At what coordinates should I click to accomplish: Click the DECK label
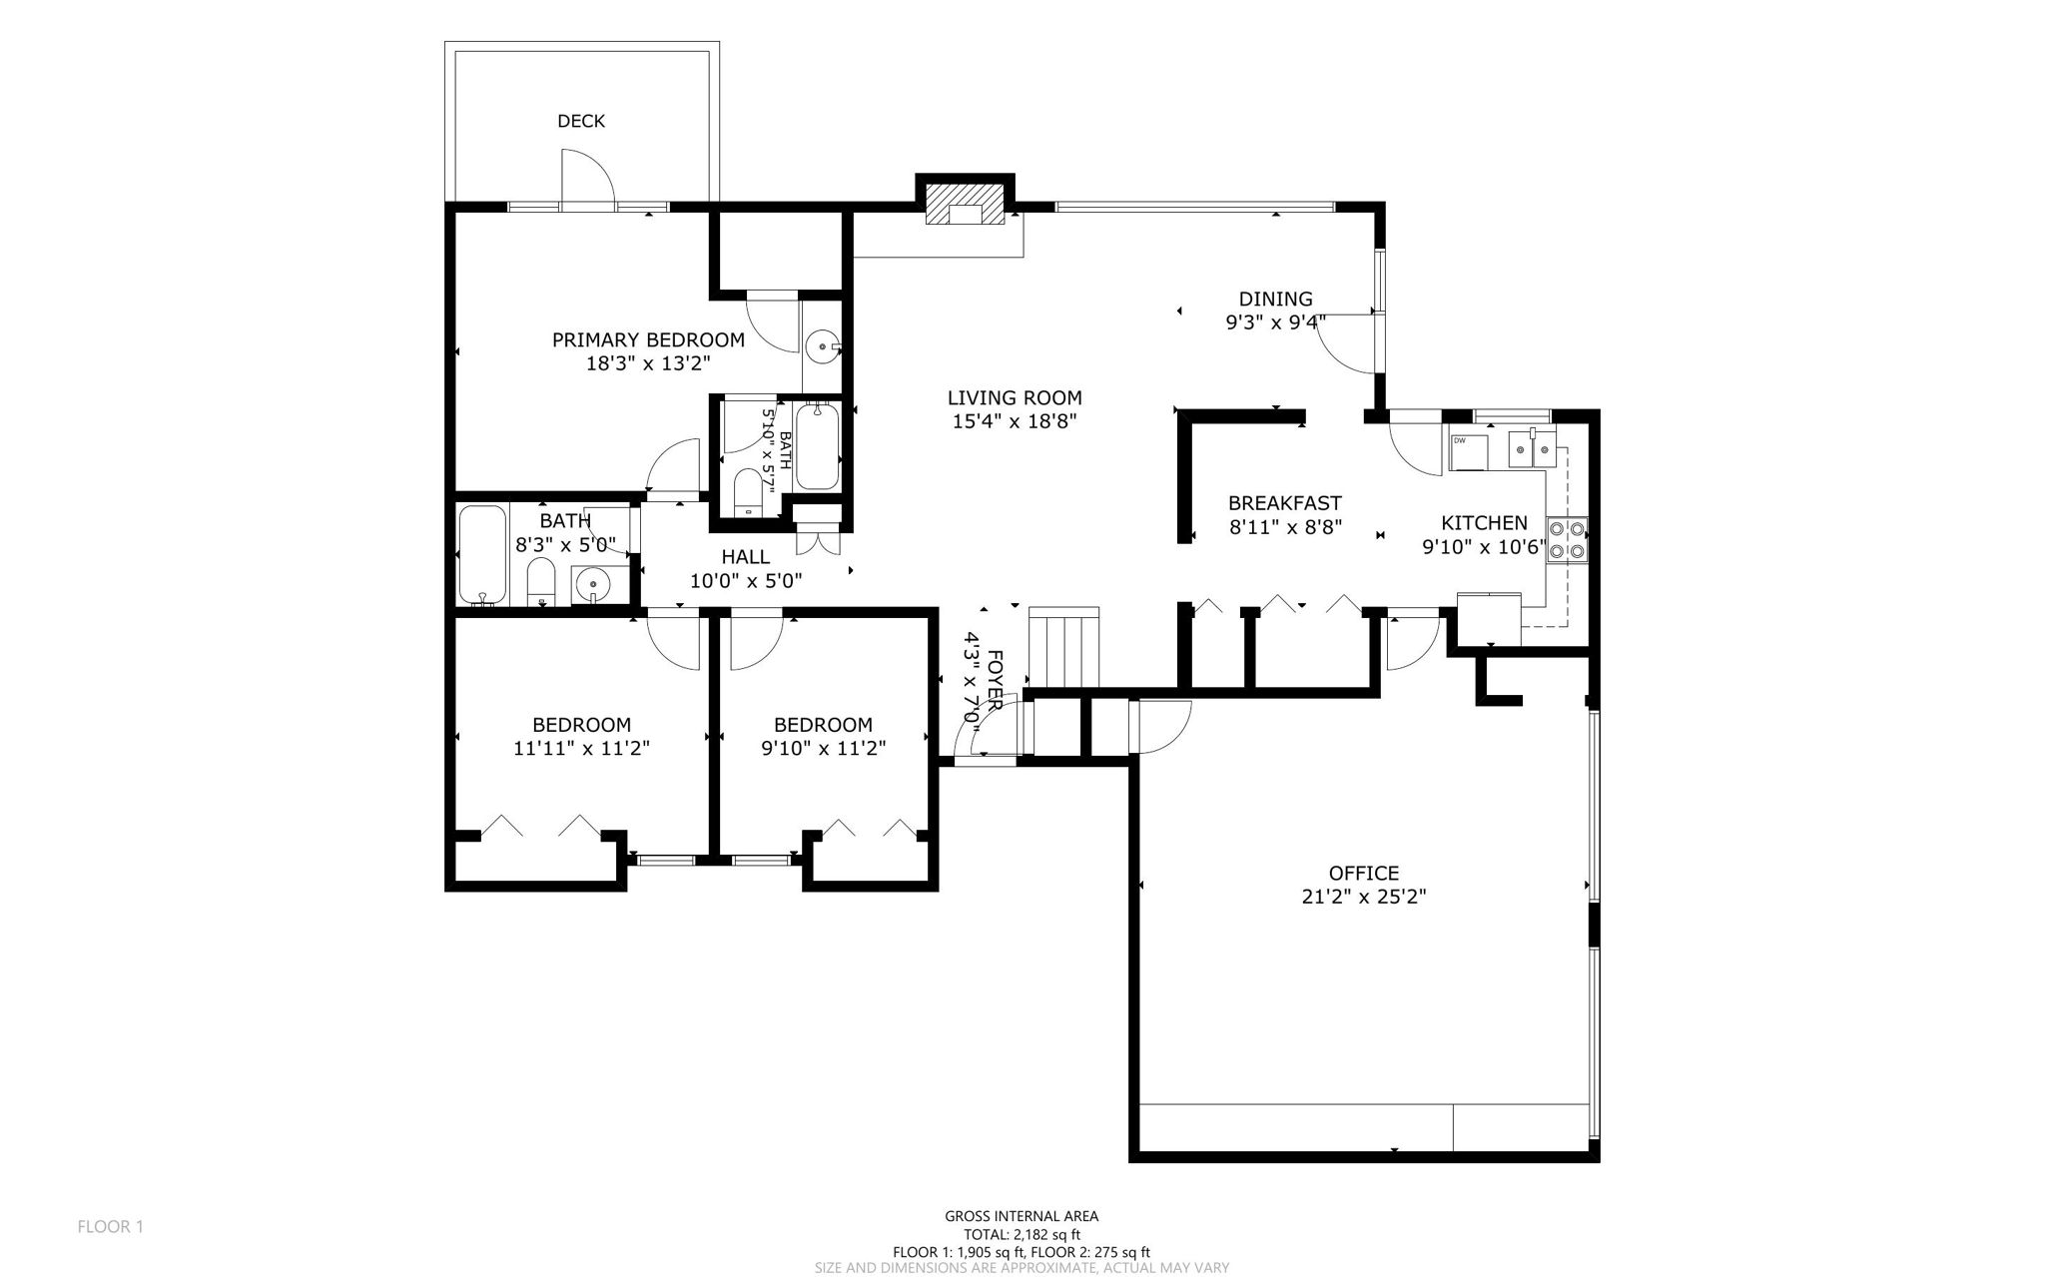(x=580, y=121)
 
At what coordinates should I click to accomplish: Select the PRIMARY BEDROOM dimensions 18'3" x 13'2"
(x=647, y=363)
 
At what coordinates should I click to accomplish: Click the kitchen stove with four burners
(x=1567, y=539)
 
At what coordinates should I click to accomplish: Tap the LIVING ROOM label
(x=1015, y=397)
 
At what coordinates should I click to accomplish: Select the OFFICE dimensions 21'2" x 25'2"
(x=1363, y=897)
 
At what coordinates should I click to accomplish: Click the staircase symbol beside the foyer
(x=1064, y=647)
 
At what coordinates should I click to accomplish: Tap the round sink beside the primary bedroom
(x=823, y=347)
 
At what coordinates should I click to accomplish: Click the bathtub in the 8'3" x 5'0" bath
(x=482, y=555)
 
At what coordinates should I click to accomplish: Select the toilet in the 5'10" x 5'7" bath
(x=748, y=492)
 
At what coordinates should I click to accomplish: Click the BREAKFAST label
(x=1284, y=503)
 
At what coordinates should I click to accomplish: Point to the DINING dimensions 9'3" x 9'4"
(x=1275, y=321)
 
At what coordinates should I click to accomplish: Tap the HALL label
(x=745, y=557)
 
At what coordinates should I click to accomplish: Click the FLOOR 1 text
(x=111, y=1226)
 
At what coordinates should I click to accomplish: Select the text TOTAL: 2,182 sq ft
(x=1022, y=1234)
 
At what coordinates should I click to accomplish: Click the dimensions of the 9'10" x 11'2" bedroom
(x=823, y=748)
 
